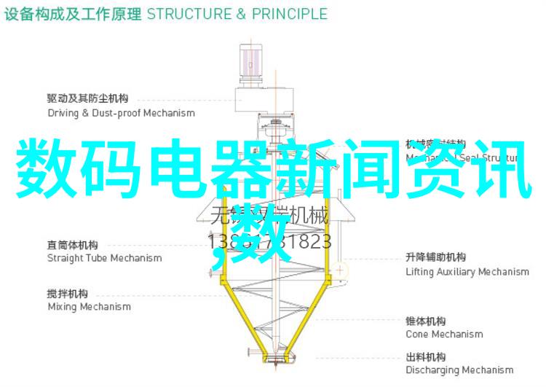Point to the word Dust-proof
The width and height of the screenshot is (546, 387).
pos(116,113)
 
